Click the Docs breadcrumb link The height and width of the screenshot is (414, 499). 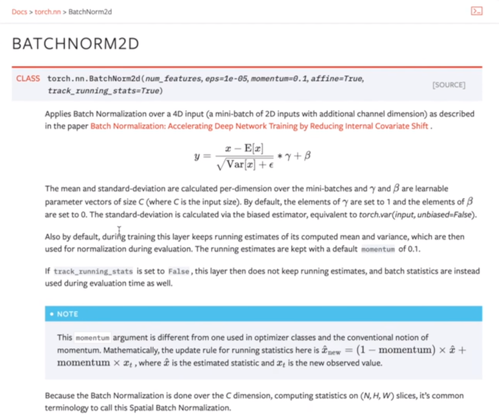(x=19, y=11)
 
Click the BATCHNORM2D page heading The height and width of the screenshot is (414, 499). (x=75, y=44)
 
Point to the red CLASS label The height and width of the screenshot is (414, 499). (x=27, y=79)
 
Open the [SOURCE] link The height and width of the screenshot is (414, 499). (x=448, y=85)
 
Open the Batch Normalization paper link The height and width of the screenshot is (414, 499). (x=259, y=126)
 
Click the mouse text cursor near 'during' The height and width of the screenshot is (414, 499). (x=119, y=231)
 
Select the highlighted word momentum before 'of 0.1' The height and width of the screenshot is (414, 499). (x=378, y=249)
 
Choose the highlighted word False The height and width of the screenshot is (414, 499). (x=178, y=271)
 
